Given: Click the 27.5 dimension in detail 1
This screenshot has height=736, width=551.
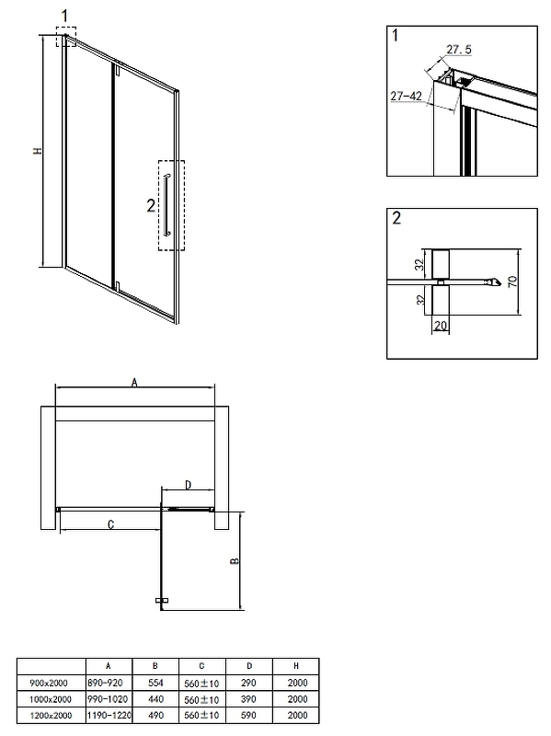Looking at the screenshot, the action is click(458, 50).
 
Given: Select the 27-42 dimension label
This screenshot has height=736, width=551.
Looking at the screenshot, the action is click(406, 96).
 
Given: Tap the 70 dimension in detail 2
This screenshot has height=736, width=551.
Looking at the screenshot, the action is click(512, 282).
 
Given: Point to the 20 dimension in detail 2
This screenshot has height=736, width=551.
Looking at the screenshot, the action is click(441, 326).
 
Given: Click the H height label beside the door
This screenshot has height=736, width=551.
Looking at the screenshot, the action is click(38, 151).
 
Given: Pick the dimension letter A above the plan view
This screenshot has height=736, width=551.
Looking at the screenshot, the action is click(134, 383).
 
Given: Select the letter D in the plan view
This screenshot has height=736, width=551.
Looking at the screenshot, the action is click(189, 485).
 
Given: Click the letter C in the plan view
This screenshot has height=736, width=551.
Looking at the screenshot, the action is click(110, 524).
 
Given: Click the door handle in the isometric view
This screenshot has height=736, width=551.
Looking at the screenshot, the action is click(166, 204).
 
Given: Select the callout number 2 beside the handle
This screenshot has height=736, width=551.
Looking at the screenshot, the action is click(151, 205).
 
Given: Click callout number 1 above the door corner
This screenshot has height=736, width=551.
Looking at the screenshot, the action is click(64, 17).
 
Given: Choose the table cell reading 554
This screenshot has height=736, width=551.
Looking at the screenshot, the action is click(155, 683).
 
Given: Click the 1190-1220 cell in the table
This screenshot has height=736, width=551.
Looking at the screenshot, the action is click(109, 716).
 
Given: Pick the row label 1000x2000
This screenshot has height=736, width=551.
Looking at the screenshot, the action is click(51, 699).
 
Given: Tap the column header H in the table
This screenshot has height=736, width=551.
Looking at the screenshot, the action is click(296, 666).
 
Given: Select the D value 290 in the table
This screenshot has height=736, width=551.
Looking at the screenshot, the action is click(248, 683).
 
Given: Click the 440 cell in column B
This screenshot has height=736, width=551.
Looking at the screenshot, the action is click(155, 699).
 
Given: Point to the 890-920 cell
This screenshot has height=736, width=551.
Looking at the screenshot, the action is click(105, 683).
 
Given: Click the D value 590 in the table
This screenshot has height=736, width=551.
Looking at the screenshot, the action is click(248, 716).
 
